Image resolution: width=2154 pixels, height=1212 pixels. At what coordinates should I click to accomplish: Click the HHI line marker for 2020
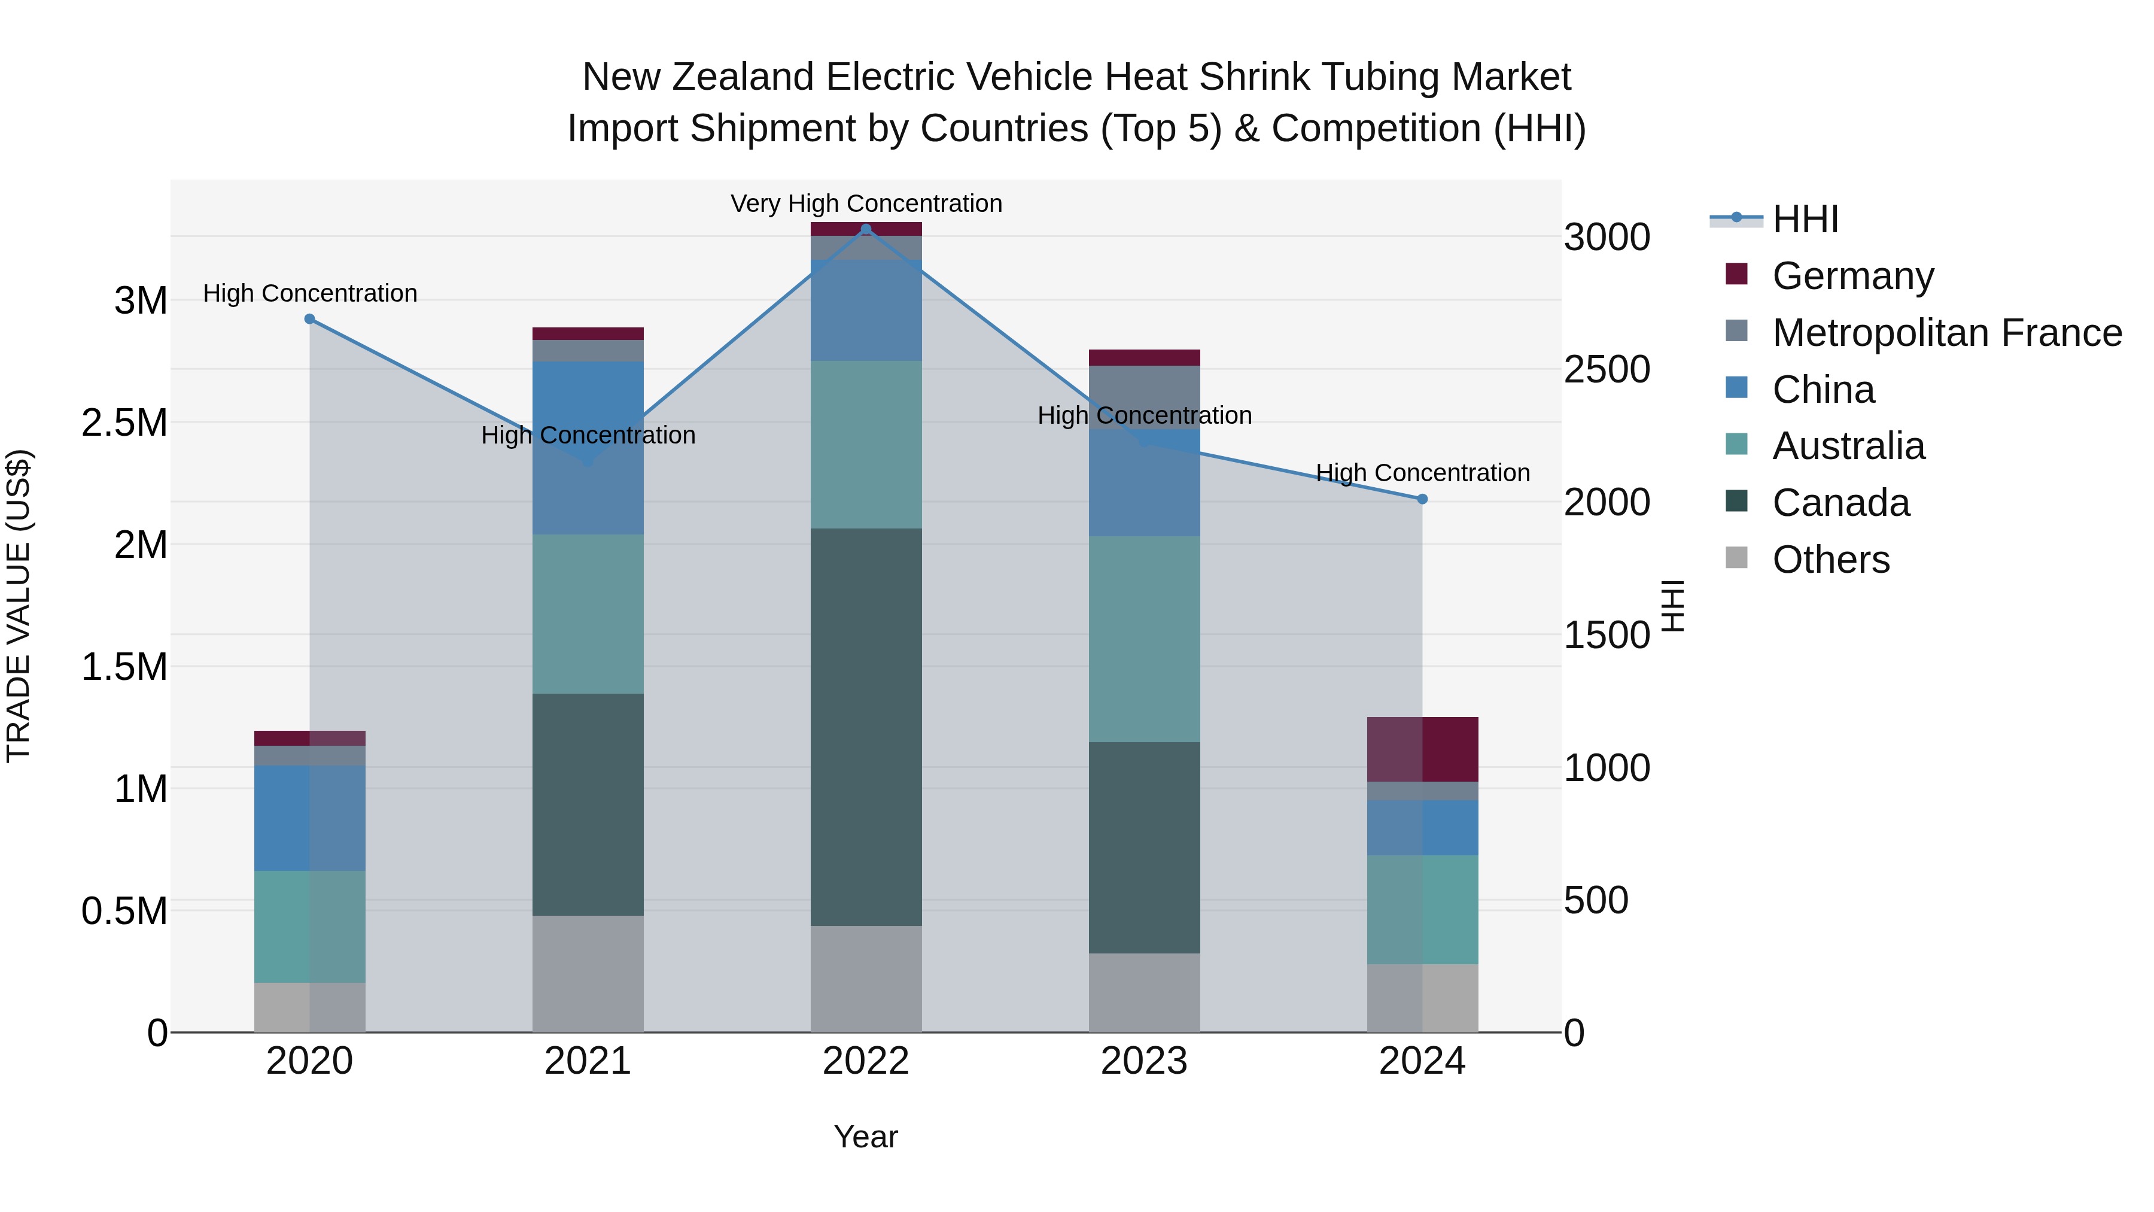[x=309, y=318]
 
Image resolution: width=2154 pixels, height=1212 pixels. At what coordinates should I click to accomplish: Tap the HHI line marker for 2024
[x=1422, y=499]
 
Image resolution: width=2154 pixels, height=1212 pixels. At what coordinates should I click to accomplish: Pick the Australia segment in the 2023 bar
[x=1144, y=639]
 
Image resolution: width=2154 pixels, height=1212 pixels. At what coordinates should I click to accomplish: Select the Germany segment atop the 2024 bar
[x=1422, y=749]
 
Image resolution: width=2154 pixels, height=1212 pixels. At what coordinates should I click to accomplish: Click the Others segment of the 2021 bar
[x=588, y=974]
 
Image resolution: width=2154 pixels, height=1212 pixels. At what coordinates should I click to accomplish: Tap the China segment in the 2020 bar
[x=309, y=818]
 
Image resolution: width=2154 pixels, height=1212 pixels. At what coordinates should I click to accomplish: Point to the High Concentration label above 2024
[x=1422, y=473]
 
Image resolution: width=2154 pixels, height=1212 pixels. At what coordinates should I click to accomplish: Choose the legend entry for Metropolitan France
[x=1946, y=333]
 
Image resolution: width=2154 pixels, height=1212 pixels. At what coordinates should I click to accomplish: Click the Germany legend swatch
[x=1737, y=274]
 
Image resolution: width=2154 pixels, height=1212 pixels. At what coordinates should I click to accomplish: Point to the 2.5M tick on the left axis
[x=124, y=423]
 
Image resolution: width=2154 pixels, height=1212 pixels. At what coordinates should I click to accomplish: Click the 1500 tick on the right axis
[x=1607, y=636]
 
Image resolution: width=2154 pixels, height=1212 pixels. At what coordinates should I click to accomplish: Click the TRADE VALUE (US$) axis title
[x=19, y=606]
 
